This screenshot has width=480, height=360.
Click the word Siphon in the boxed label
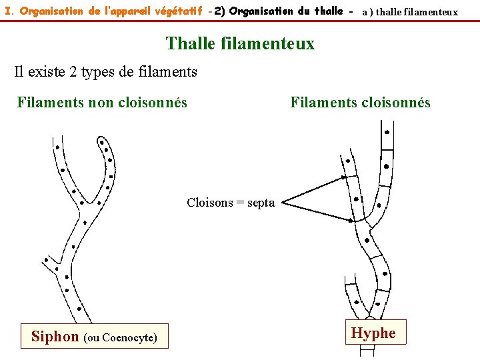coord(55,337)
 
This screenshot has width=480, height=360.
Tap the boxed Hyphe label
coord(373,333)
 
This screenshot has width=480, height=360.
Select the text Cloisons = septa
coord(231,203)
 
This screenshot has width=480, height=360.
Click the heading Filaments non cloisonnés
coord(102,102)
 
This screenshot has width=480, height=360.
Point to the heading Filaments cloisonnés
coord(360,102)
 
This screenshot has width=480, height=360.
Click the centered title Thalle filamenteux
coord(240,43)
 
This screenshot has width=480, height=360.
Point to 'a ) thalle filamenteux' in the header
coord(410,12)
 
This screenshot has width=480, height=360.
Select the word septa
coord(261,203)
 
